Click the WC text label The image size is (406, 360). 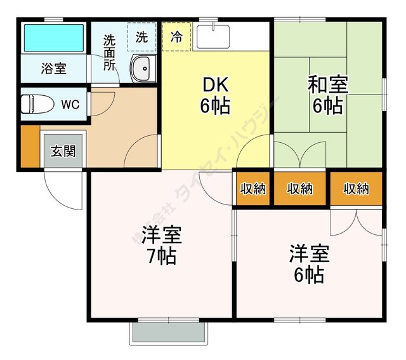point(70,105)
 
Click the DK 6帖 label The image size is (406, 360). point(215,95)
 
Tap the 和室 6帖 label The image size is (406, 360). point(327,95)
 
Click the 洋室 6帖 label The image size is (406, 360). point(309,264)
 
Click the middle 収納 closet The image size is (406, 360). point(300,189)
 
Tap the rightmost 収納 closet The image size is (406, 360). point(356,189)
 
